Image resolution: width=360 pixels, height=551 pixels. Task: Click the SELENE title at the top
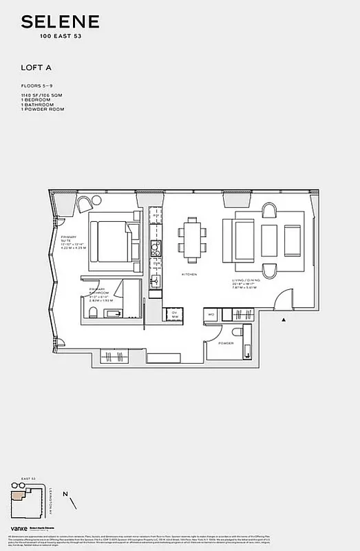click(x=60, y=23)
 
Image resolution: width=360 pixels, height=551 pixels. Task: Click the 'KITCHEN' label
click(x=189, y=274)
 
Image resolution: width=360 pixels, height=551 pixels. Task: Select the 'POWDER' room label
click(x=226, y=342)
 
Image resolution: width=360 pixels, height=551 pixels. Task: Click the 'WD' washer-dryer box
click(x=211, y=315)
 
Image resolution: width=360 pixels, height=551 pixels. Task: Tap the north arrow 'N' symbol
click(x=65, y=494)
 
